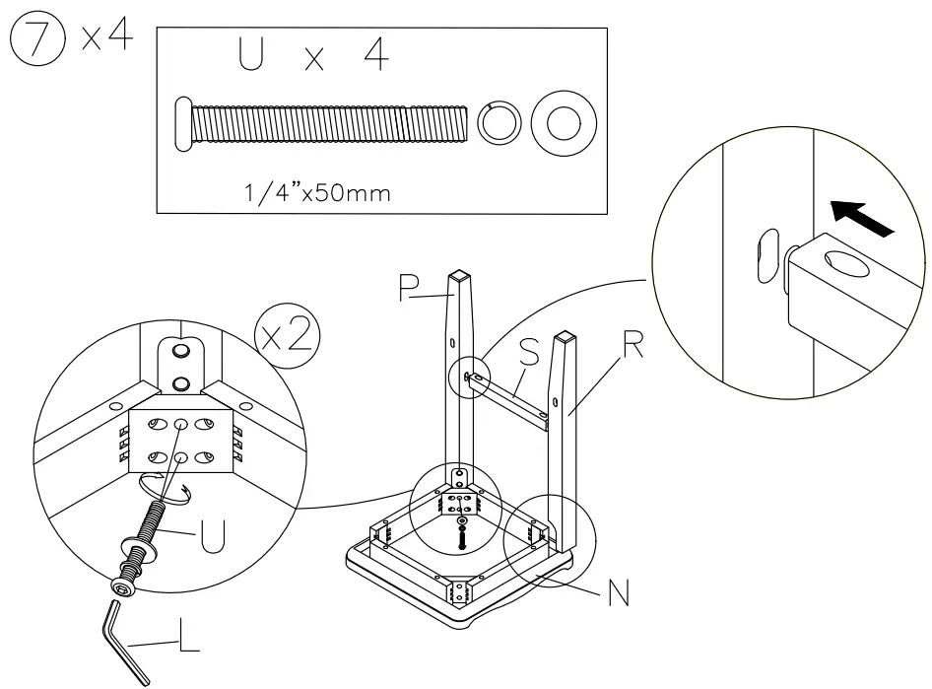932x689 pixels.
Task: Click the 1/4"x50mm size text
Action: pos(315,191)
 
